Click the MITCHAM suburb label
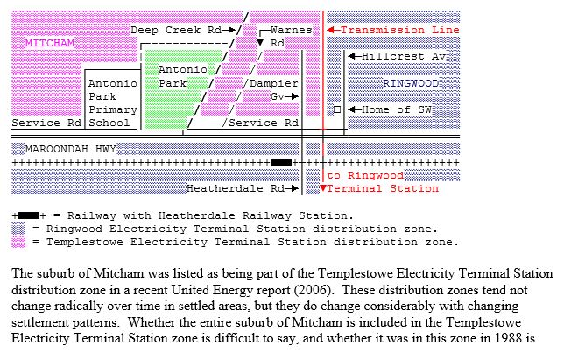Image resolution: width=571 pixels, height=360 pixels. click(50, 43)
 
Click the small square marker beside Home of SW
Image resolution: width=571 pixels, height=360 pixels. click(337, 109)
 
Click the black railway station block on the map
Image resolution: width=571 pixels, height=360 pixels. click(281, 162)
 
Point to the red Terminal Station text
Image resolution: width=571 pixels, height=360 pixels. click(383, 188)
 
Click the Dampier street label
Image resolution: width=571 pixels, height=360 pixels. click(275, 83)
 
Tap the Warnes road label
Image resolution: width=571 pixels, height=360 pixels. click(291, 30)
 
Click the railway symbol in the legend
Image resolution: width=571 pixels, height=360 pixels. click(29, 215)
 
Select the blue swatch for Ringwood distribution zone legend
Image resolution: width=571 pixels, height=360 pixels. click(18, 228)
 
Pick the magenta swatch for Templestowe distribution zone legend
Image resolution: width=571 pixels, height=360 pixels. click(18, 242)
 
